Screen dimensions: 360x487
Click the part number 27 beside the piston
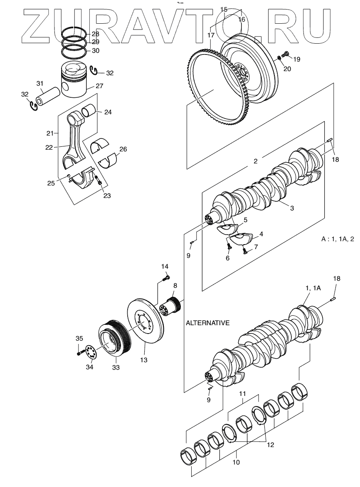(x=99, y=86)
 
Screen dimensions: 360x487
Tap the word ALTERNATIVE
(x=207, y=323)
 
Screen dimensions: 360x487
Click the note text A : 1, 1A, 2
(x=338, y=239)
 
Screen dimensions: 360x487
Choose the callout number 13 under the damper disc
(x=144, y=360)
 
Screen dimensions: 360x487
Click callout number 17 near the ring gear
(x=211, y=35)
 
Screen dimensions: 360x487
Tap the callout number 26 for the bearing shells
(x=123, y=149)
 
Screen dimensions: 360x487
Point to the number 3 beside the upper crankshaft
(x=292, y=208)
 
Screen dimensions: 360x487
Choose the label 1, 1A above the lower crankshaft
(x=313, y=288)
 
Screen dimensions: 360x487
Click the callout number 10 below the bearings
(x=236, y=462)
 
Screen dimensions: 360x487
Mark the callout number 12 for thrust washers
(x=270, y=445)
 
